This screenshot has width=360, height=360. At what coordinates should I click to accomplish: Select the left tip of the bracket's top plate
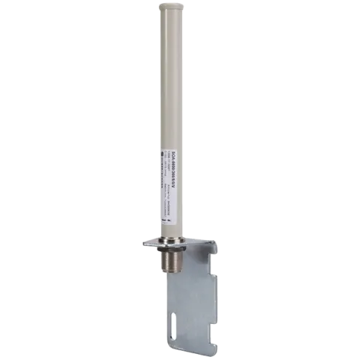140,241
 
